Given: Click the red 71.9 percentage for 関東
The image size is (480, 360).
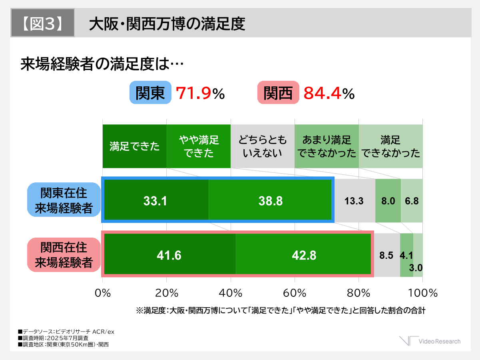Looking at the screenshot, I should [x=194, y=93].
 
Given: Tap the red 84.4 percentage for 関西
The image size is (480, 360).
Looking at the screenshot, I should [x=322, y=93].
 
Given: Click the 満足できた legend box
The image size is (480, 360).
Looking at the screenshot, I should [x=134, y=146].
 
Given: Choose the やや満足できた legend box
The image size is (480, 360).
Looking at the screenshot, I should [x=199, y=146].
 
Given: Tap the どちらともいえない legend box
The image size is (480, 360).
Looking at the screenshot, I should [x=263, y=146].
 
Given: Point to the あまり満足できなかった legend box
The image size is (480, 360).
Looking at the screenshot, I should [x=327, y=146].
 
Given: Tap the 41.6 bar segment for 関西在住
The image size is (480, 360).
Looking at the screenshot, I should [x=169, y=255].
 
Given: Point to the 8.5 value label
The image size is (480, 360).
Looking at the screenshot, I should [x=386, y=255].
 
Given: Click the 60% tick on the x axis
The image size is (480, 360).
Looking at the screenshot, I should [x=295, y=293].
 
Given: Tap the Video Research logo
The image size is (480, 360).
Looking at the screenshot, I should [x=430, y=341].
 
